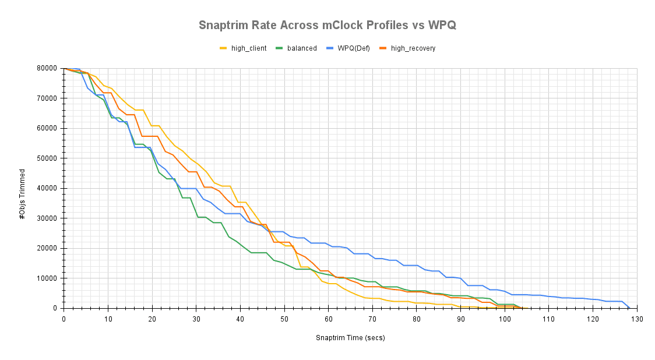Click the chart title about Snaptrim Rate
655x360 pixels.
(327, 25)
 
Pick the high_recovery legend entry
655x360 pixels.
(413, 48)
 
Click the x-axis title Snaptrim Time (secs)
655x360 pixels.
(350, 338)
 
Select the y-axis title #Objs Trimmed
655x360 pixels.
(23, 194)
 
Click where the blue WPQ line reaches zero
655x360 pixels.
(629, 308)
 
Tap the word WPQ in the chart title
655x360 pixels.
(442, 25)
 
